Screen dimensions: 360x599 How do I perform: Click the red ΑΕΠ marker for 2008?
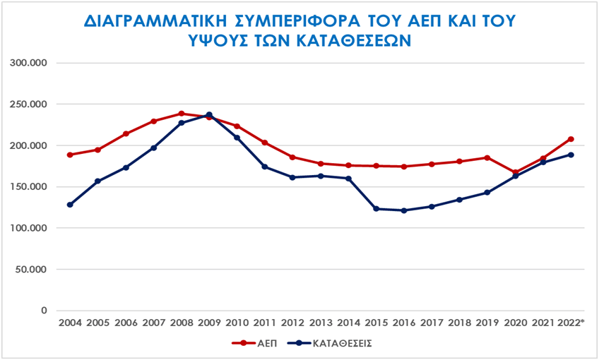coord(182,114)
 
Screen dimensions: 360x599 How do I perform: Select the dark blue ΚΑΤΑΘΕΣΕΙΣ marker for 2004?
coord(70,205)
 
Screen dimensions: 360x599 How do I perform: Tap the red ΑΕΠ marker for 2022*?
coord(571,139)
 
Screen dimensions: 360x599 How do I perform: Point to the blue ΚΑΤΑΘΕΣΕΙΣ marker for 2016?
coord(403,210)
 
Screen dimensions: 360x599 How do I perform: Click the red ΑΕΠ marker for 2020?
coord(515,172)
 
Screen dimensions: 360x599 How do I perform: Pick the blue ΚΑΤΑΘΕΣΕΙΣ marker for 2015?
coord(376,209)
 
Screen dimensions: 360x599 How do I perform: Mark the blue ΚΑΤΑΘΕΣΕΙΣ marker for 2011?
coord(265,167)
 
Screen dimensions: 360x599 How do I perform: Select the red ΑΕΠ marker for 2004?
coord(70,155)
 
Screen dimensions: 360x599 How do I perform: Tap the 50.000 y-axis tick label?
coord(32,269)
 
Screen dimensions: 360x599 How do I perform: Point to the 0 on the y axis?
coord(44,311)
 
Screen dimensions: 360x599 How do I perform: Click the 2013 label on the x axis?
coord(320,323)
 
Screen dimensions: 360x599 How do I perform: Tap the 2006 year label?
coord(126,323)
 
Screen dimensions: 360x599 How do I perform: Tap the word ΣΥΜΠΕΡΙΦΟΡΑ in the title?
coord(311,20)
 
